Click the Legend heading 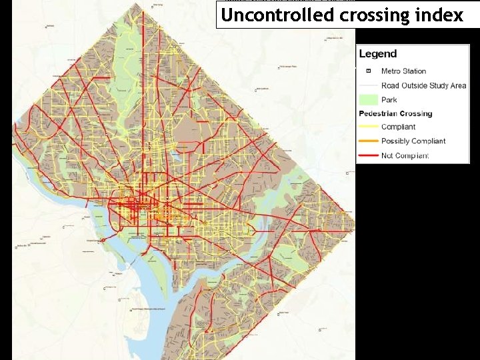377,54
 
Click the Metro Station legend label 403,71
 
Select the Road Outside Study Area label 423,85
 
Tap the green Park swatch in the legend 367,99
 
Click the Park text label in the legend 389,99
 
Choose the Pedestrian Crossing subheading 395,113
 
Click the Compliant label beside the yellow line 398,127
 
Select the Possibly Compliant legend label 413,141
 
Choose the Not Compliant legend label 405,155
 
